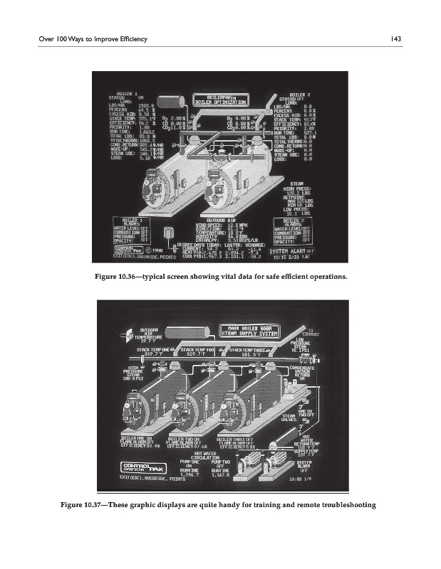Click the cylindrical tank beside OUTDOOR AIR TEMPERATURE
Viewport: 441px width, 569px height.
(188, 331)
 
